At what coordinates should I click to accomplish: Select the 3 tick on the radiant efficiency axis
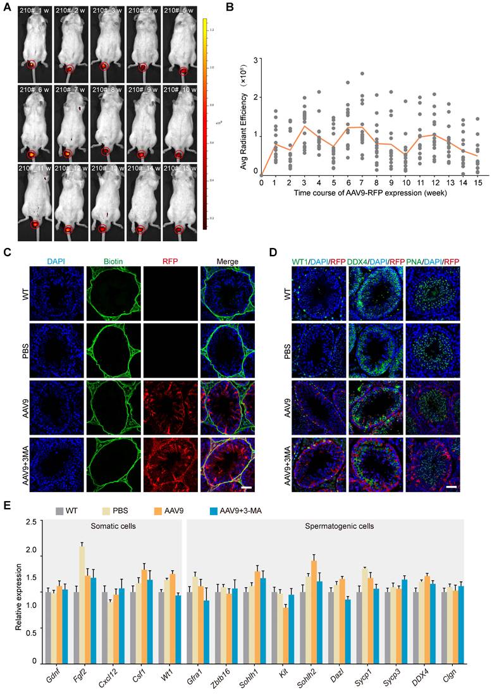(256, 59)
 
